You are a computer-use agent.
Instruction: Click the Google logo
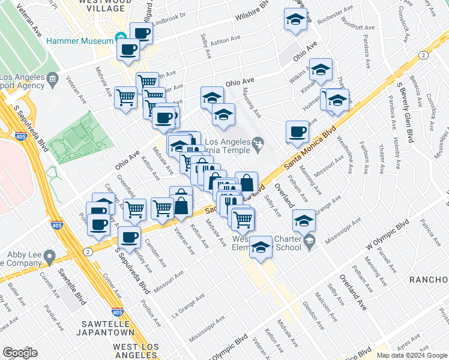tap(20, 352)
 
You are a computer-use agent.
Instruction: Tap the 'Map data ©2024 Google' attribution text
tap(411, 355)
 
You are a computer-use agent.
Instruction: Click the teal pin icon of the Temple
tap(258, 143)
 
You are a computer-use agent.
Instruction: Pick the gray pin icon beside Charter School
tap(309, 242)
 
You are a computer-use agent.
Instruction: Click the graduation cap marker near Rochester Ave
tap(295, 21)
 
